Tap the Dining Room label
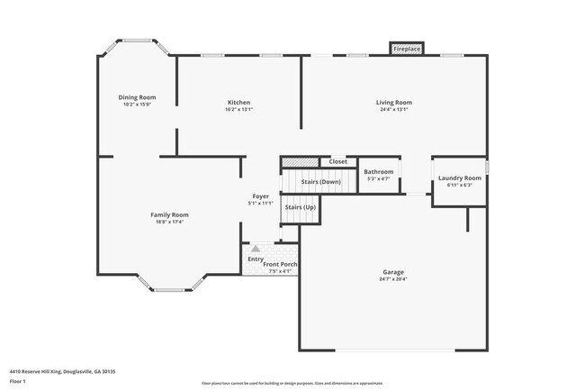pos(137,97)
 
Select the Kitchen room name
pos(238,103)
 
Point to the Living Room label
pos(393,103)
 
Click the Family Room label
pos(169,214)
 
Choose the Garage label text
pos(392,272)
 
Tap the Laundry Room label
pos(459,178)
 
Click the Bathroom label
pos(378,171)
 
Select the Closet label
pos(337,162)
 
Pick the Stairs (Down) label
pos(320,182)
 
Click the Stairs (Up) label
pos(301,207)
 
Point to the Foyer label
pos(260,195)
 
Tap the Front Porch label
pos(279,264)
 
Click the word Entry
pos(256,259)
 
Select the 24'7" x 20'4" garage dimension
pos(392,279)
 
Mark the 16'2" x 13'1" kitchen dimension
pos(238,110)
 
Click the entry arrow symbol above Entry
pos(256,248)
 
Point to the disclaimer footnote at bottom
pos(292,382)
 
